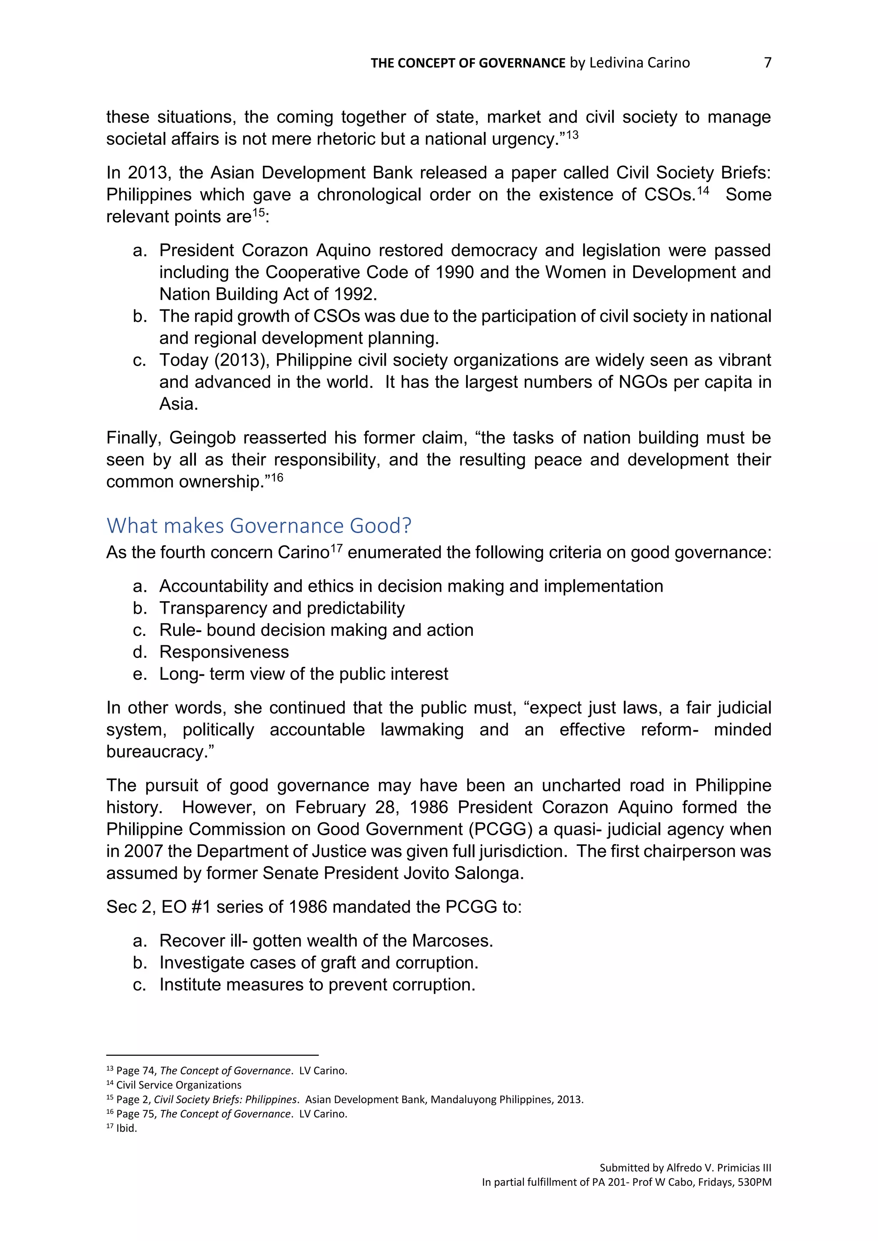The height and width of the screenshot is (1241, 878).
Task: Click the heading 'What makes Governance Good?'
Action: coord(259,525)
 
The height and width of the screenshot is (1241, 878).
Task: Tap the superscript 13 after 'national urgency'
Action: coord(572,135)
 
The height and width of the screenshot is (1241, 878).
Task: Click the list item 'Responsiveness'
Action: coord(224,652)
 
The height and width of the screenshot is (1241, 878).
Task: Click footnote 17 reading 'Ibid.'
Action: coord(126,1128)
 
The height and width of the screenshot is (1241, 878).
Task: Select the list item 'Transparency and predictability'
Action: coord(282,608)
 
